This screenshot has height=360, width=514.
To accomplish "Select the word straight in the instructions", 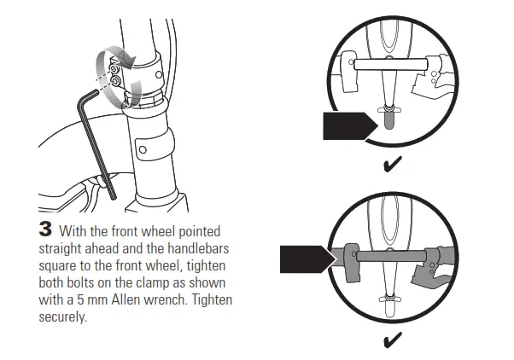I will point(64,246).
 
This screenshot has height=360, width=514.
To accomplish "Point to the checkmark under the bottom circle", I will point(394,342).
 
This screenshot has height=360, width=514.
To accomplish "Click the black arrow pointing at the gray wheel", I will point(348,125).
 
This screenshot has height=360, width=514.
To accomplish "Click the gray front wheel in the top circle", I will point(390,120).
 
